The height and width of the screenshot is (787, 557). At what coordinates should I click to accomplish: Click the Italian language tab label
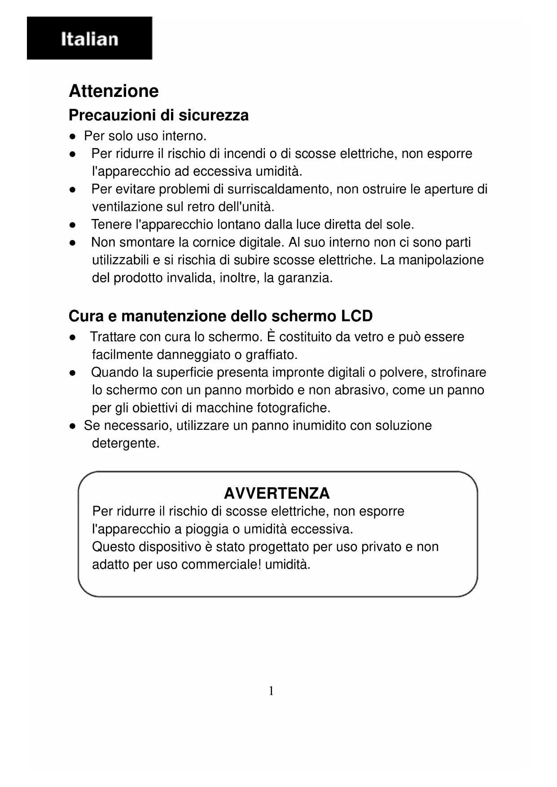(90, 39)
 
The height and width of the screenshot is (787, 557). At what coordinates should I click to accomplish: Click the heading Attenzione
(114, 91)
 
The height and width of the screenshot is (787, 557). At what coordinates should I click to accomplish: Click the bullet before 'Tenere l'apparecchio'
(72, 225)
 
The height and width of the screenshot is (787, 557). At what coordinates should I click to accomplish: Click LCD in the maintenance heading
(357, 316)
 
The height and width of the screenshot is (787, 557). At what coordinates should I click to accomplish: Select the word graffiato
(272, 355)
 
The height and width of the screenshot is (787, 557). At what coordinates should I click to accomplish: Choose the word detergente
(126, 444)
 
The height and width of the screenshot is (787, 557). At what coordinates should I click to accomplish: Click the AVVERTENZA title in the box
(277, 494)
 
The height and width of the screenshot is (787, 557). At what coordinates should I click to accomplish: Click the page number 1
(271, 691)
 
